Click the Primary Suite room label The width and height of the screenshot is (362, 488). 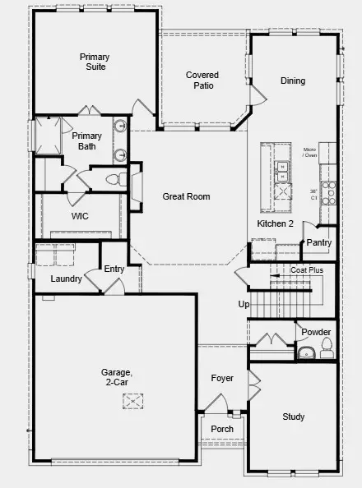(x=94, y=62)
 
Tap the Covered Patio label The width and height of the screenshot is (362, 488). (x=202, y=80)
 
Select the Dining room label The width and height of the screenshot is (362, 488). (x=293, y=81)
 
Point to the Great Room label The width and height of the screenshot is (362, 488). (x=186, y=196)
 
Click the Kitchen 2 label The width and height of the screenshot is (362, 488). (x=276, y=223)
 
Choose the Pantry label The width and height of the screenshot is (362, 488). (x=318, y=242)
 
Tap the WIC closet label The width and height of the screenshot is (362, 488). (x=80, y=216)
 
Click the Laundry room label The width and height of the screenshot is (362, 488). (x=66, y=279)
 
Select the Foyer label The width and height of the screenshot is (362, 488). (x=222, y=379)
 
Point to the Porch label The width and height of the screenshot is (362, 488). (x=222, y=429)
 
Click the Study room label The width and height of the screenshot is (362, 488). (x=294, y=417)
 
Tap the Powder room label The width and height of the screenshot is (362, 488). (x=316, y=332)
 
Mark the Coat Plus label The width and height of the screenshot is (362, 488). (x=306, y=269)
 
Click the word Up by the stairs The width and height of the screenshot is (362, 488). (x=244, y=305)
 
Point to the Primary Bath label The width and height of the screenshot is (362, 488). (x=86, y=141)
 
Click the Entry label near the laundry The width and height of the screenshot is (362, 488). (x=114, y=269)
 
